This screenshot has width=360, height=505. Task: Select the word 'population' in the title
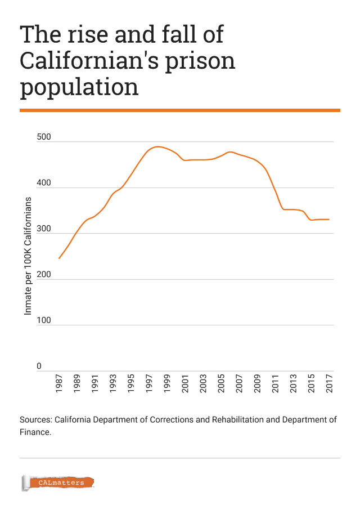click(79, 87)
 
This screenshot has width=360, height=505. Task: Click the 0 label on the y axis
click(39, 367)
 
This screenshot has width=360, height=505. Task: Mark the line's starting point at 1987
click(59, 258)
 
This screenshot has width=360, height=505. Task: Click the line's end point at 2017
click(329, 219)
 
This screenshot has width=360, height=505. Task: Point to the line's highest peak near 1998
click(157, 146)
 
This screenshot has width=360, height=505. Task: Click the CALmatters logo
click(57, 482)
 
